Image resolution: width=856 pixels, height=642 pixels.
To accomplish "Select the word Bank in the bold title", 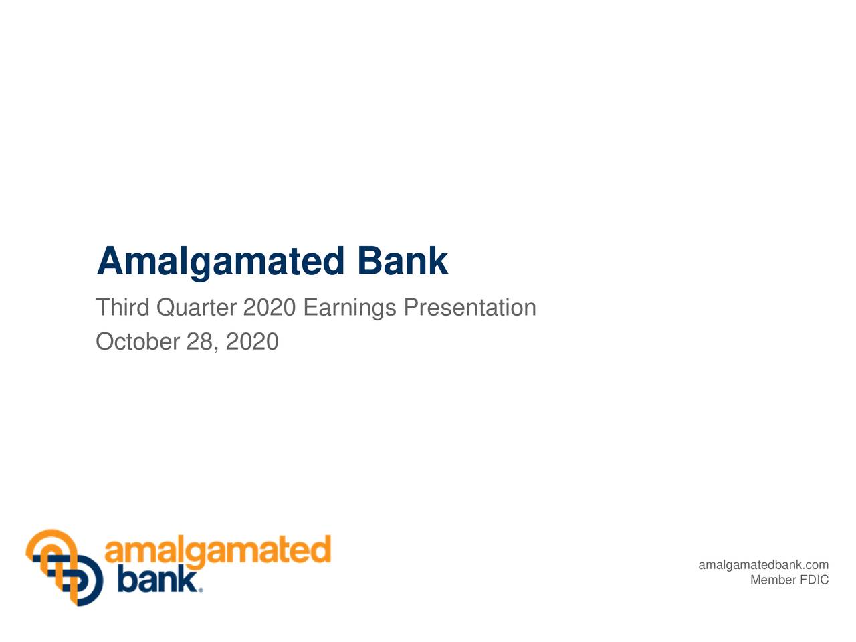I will point(402,261).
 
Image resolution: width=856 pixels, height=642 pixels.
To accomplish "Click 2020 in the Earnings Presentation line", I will point(269,308).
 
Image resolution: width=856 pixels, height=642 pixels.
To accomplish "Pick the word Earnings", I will point(350,308).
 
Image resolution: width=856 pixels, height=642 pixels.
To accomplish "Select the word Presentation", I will point(469,308).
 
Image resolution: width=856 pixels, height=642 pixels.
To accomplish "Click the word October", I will point(138,342).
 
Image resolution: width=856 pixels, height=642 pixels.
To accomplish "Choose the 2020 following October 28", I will point(252,342).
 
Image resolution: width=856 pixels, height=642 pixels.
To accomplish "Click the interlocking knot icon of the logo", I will point(64,567).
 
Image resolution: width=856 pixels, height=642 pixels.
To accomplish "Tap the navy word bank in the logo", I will point(157,580).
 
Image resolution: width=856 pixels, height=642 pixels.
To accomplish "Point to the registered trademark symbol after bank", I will point(201,590).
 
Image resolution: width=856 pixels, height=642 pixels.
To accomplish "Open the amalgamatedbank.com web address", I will point(763,566).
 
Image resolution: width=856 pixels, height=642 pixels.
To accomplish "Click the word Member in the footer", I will point(772,580).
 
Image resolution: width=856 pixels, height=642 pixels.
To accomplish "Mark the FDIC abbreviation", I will point(814,580).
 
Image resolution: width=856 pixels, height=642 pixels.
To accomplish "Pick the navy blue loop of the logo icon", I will point(87,585).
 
